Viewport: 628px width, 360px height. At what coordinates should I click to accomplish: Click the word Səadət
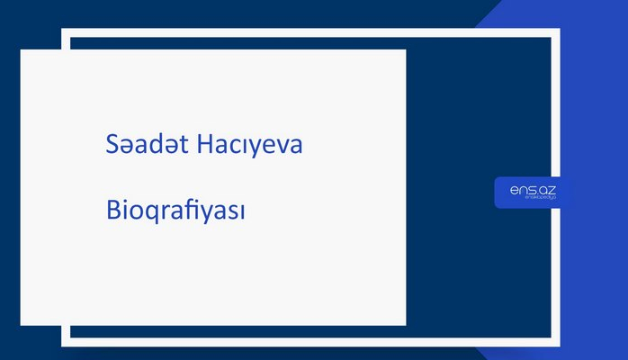(144, 146)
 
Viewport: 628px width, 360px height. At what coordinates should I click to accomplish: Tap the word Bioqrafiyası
(175, 212)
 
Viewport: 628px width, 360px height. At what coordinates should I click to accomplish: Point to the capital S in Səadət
(111, 146)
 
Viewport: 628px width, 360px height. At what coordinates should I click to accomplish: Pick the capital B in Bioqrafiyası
(112, 212)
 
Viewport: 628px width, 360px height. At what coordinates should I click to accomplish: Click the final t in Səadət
(184, 147)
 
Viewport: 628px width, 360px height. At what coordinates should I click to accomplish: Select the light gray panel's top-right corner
(405, 50)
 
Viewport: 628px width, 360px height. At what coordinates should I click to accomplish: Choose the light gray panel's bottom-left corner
(22, 324)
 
